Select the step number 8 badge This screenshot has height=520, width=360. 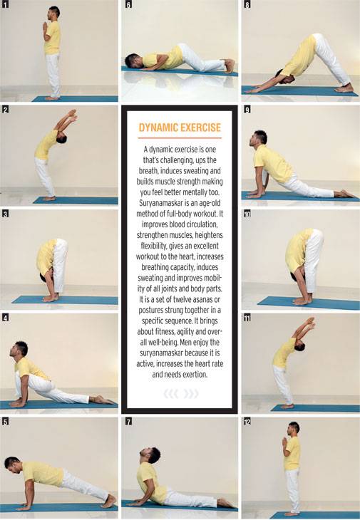click(247, 4)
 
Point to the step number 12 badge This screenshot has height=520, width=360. click(247, 421)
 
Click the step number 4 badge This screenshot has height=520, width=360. click(4, 316)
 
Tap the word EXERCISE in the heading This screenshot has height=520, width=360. click(200, 129)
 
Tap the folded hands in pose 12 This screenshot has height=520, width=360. click(284, 442)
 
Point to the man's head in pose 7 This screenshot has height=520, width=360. click(154, 454)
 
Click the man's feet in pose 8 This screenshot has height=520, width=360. click(345, 88)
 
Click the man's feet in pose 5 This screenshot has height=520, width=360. click(108, 501)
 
